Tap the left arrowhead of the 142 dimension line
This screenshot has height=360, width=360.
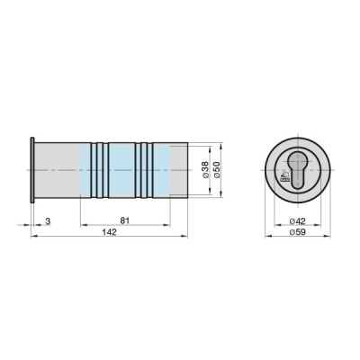(x=33, y=236)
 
